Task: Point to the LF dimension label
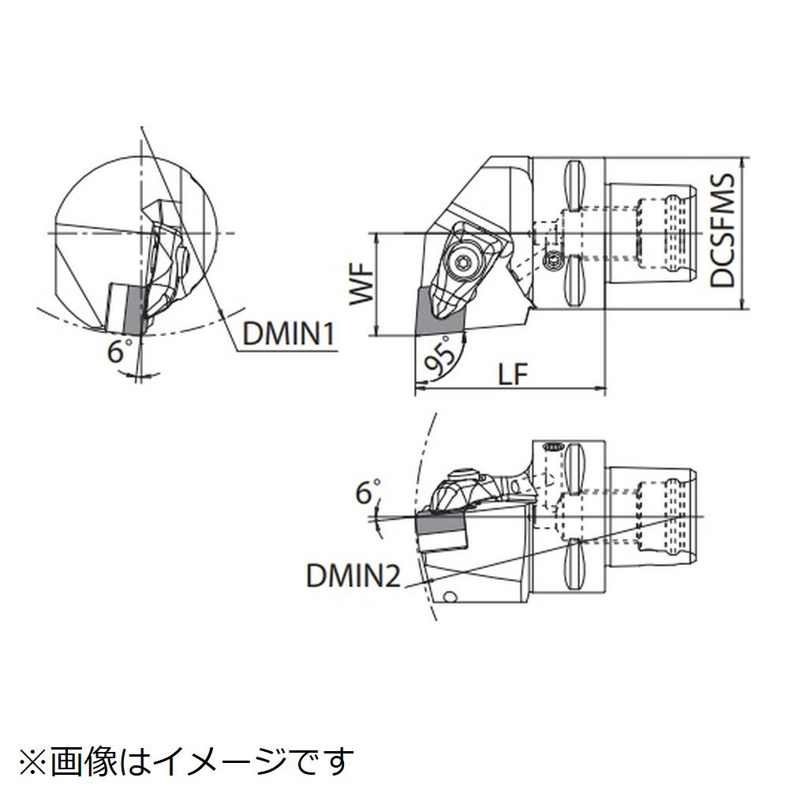tap(514, 374)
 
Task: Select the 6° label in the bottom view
tap(365, 495)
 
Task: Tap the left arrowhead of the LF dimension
tap(418, 387)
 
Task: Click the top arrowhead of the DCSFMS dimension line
tap(746, 161)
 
